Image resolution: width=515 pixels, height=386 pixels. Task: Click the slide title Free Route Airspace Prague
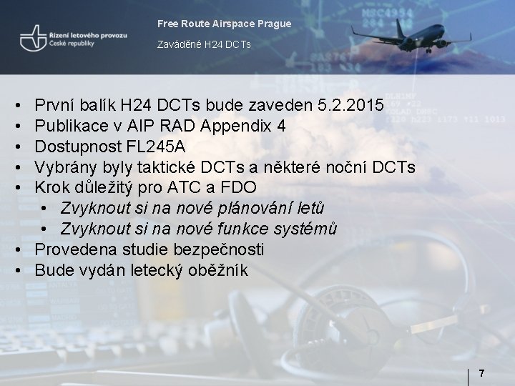click(x=224, y=24)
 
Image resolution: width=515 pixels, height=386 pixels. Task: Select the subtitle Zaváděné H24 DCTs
click(x=204, y=45)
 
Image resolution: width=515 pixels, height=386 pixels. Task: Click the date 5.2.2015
click(x=350, y=106)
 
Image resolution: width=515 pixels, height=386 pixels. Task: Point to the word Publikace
click(x=69, y=127)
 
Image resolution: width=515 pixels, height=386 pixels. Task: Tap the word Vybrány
click(x=64, y=167)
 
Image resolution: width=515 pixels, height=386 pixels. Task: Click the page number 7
click(x=482, y=373)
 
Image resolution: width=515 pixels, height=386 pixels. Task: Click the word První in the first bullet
click(x=56, y=106)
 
